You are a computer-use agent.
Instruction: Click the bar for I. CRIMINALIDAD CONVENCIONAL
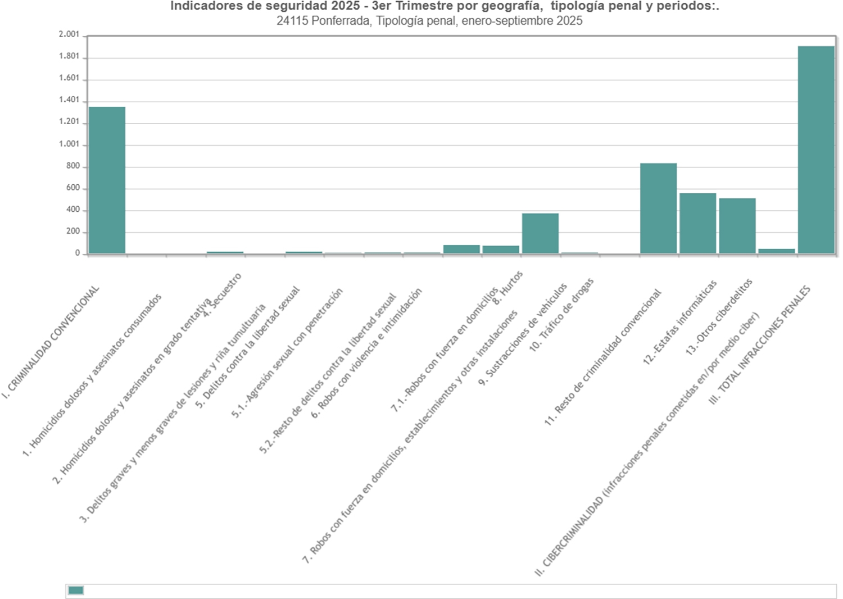pyautogui.click(x=107, y=180)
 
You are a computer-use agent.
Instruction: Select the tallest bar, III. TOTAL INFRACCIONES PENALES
pyautogui.click(x=816, y=149)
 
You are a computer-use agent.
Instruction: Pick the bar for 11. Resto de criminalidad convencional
pyautogui.click(x=658, y=208)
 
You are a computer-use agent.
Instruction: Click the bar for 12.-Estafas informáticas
pyautogui.click(x=697, y=223)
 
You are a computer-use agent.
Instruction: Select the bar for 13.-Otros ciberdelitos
pyautogui.click(x=737, y=225)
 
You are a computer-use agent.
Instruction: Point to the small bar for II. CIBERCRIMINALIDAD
pyautogui.click(x=776, y=251)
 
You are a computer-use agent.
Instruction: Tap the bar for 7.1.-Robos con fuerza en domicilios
pyautogui.click(x=461, y=249)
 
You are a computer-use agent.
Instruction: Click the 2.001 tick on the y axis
pyautogui.click(x=69, y=34)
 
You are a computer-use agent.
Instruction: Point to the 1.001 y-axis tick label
pyautogui.click(x=69, y=144)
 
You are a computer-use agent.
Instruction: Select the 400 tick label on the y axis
pyautogui.click(x=73, y=210)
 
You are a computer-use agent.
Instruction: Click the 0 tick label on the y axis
pyautogui.click(x=78, y=253)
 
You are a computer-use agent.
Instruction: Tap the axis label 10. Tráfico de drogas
pyautogui.click(x=561, y=315)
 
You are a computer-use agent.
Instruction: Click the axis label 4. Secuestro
pyautogui.click(x=223, y=296)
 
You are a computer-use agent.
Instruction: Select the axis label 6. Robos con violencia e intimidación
pyautogui.click(x=366, y=353)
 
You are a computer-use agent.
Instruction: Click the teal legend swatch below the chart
pyautogui.click(x=76, y=590)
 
